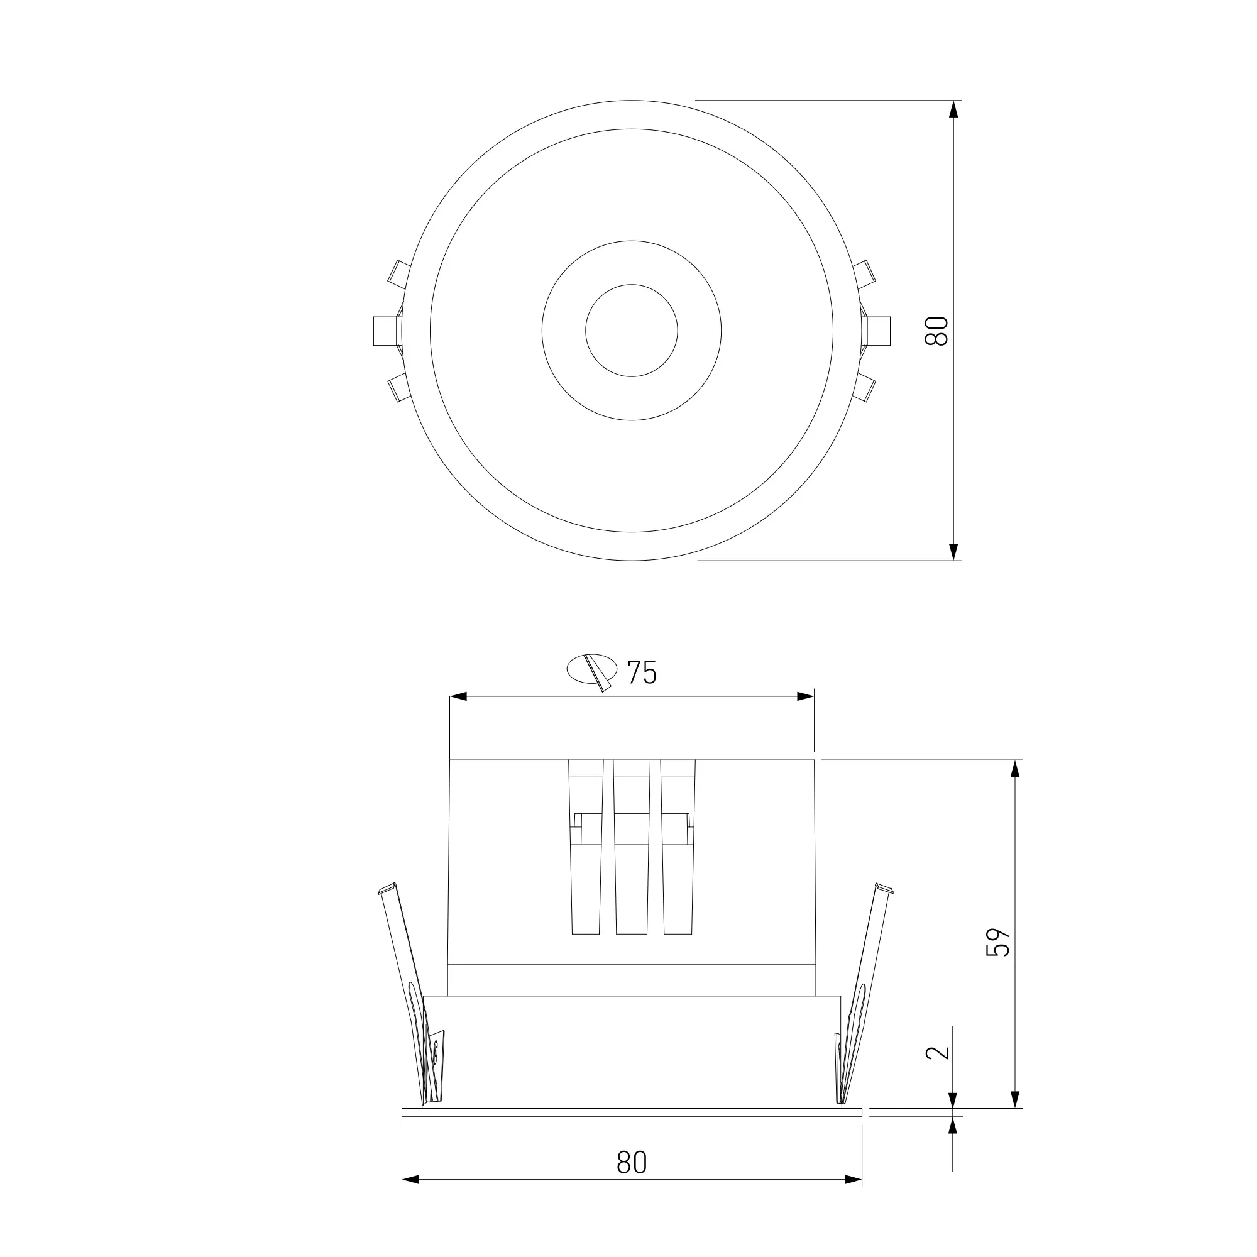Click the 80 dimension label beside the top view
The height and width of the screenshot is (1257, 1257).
pos(937,331)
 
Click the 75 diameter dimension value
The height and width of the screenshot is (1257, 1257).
pos(642,672)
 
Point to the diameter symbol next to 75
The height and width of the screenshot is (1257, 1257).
pos(592,670)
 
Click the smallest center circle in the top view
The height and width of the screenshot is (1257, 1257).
pos(631,331)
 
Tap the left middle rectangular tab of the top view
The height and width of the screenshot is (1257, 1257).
pos(388,331)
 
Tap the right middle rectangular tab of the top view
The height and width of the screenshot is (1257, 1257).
pos(875,331)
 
